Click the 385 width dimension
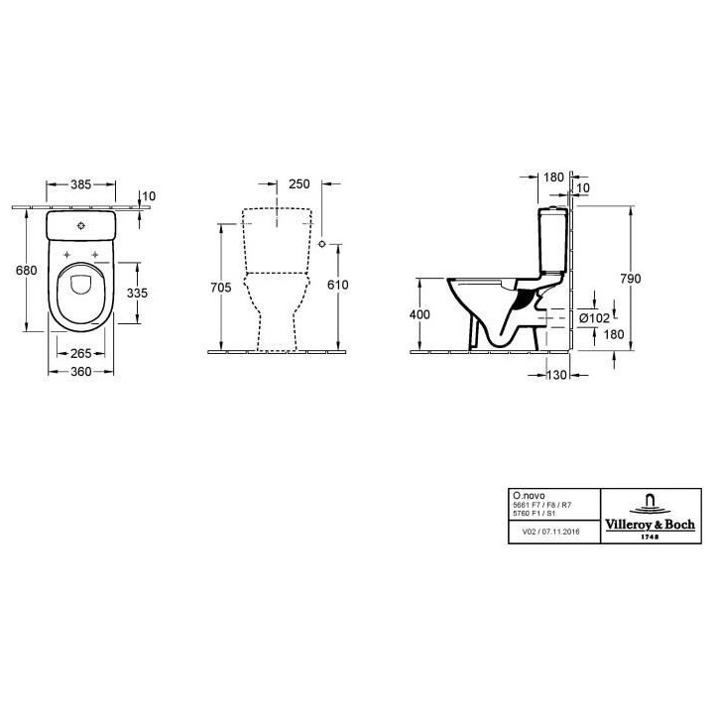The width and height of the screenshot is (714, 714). (x=82, y=184)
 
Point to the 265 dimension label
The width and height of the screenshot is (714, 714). (x=83, y=354)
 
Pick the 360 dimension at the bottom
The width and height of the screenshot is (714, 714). (x=83, y=372)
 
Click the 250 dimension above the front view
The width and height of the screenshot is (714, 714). (x=299, y=184)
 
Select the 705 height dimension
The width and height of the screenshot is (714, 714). (x=221, y=288)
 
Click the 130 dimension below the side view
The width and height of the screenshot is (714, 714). (x=557, y=375)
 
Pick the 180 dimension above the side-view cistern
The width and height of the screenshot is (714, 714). (x=554, y=178)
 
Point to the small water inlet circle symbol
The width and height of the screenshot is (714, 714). (x=323, y=241)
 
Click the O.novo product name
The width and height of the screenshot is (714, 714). (x=525, y=493)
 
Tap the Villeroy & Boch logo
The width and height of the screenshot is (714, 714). (x=650, y=516)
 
